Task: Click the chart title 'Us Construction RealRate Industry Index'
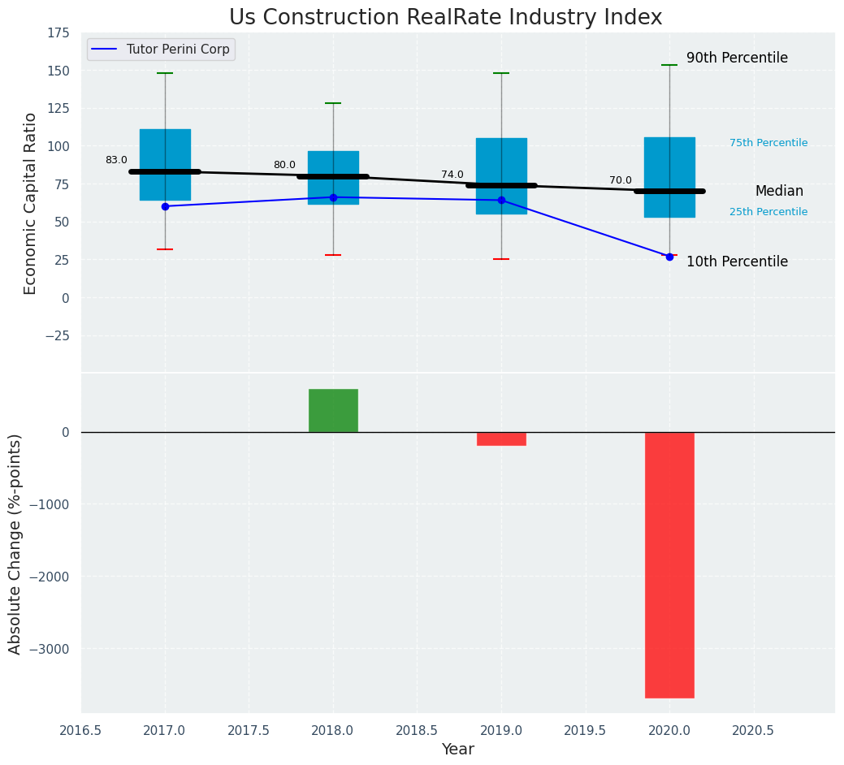[445, 18]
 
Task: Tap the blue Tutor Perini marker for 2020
[669, 257]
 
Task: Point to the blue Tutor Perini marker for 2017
[165, 206]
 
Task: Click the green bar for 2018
[333, 410]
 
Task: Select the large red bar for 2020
[669, 564]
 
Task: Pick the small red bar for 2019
[501, 439]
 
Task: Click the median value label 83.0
[116, 161]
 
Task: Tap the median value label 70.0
[621, 180]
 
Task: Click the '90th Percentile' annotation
[737, 58]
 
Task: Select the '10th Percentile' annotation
[737, 261]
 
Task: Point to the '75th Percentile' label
[768, 143]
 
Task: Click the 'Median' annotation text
[779, 192]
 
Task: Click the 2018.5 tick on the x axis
[417, 731]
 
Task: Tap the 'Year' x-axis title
[458, 750]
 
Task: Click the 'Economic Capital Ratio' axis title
[31, 203]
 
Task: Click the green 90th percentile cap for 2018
[333, 103]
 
